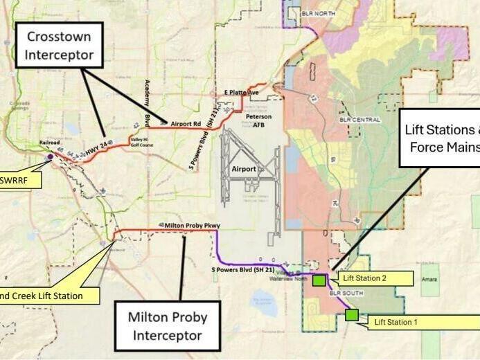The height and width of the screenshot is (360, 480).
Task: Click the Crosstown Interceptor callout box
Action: pyautogui.click(x=60, y=45)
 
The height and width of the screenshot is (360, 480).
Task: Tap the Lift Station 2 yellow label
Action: pyautogui.click(x=373, y=279)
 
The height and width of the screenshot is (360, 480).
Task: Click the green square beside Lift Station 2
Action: pyautogui.click(x=319, y=280)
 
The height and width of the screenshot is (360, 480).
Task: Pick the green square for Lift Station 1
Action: pyautogui.click(x=352, y=315)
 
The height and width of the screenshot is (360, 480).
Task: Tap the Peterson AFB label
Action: pyautogui.click(x=258, y=121)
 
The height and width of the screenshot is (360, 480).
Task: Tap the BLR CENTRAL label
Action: pyautogui.click(x=361, y=120)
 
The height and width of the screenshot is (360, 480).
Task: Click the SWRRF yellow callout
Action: pyautogui.click(x=17, y=181)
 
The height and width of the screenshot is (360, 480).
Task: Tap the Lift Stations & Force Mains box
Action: pyautogui.click(x=441, y=138)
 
